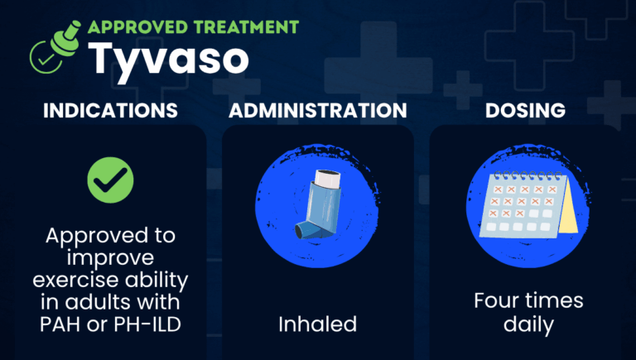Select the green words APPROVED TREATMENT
click(x=193, y=26)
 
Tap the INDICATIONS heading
click(x=109, y=110)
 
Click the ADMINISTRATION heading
click(x=317, y=110)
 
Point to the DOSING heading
click(x=526, y=110)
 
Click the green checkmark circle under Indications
click(x=109, y=178)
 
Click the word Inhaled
click(x=317, y=324)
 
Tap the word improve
click(x=110, y=257)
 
